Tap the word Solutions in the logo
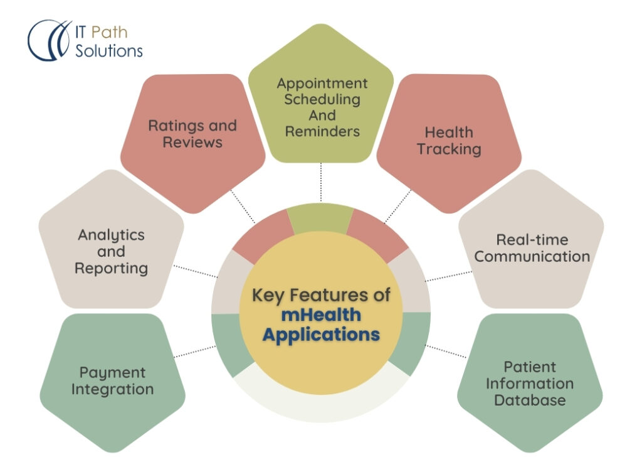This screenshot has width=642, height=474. point(109,50)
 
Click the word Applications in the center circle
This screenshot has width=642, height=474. point(321,334)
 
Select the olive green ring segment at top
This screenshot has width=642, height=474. point(320,217)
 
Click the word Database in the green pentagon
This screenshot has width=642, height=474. point(530,399)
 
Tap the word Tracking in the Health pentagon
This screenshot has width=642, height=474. point(449,149)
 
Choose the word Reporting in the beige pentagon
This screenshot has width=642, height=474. point(111,268)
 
